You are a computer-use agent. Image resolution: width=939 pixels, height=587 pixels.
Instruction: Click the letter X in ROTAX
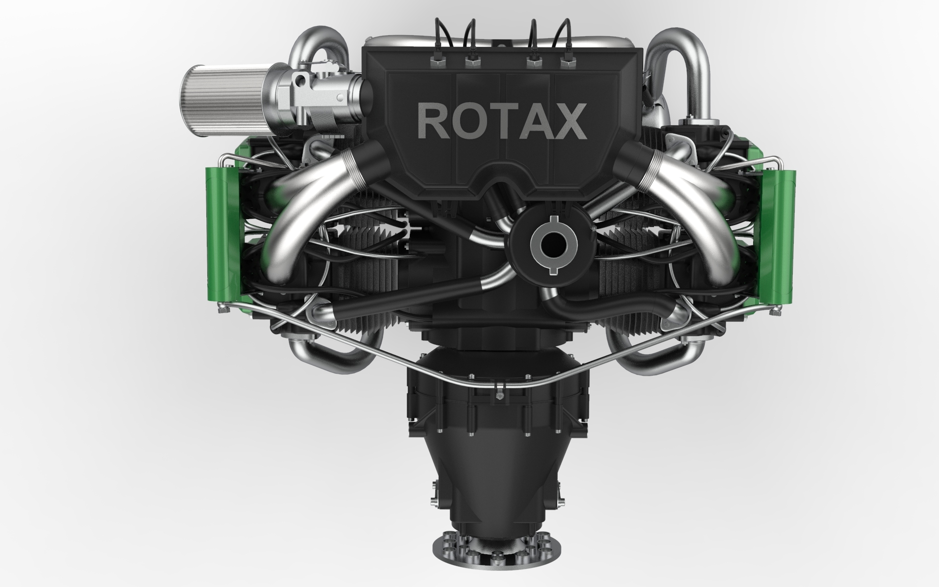pos(567,121)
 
